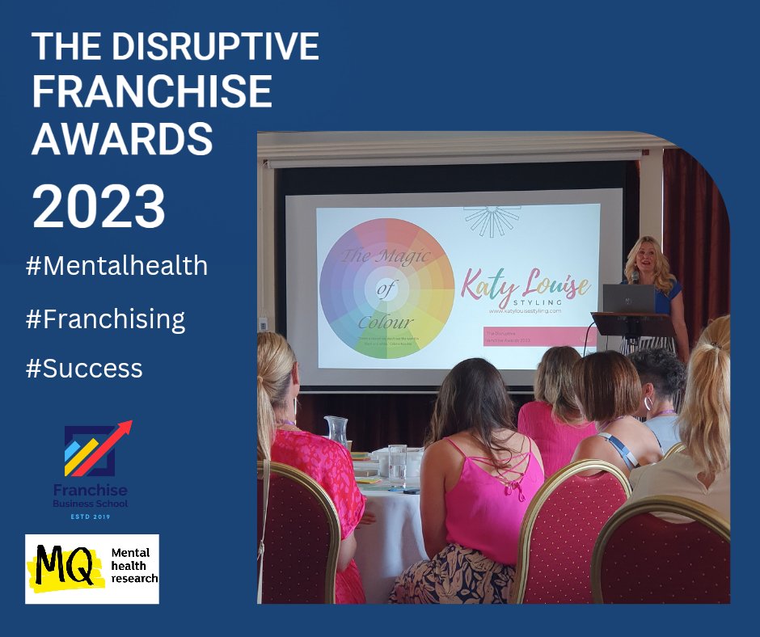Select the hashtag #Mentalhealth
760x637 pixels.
[x=116, y=265]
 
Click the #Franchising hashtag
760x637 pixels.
[x=105, y=319]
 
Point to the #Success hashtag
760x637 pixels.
[x=84, y=369]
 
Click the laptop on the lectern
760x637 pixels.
[x=628, y=297]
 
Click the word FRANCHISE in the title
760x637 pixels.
[x=152, y=93]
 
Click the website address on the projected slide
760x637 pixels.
[x=524, y=310]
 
